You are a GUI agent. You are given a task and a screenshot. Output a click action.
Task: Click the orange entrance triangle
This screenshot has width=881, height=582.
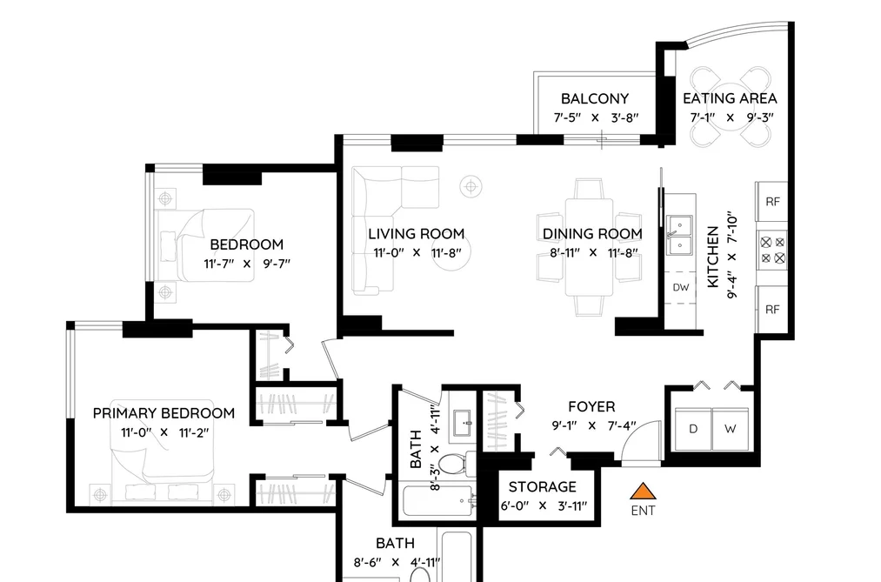click(x=643, y=492)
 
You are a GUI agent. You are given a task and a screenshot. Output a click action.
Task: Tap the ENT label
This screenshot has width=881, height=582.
click(x=643, y=511)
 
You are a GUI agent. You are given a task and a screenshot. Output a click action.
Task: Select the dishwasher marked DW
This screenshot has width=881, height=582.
click(x=680, y=288)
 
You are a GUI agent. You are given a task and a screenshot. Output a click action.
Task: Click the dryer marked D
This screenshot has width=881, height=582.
click(x=693, y=429)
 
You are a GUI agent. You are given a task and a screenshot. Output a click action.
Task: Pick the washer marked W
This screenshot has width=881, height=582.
click(x=731, y=429)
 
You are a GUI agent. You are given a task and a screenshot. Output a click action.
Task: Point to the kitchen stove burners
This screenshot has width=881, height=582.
click(x=772, y=250)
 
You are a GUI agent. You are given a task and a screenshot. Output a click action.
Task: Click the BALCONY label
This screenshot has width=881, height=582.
click(x=595, y=98)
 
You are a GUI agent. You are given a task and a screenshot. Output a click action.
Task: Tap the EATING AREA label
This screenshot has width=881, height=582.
click(x=730, y=98)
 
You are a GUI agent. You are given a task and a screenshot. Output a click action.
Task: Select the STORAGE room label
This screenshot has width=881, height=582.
click(x=542, y=486)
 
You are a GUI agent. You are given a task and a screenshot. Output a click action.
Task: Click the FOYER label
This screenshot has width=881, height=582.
click(x=591, y=406)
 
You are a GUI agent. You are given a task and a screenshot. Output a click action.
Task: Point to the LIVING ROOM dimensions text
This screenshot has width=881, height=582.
click(x=417, y=253)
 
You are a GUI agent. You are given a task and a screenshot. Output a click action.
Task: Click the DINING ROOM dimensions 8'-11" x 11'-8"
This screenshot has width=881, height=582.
click(x=593, y=253)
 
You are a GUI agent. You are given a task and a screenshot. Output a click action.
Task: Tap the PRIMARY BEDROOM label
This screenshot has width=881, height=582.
click(x=164, y=413)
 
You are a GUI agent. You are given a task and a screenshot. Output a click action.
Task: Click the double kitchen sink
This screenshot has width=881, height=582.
click(x=679, y=236)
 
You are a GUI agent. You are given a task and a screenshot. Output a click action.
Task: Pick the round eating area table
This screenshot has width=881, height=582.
click(x=730, y=107)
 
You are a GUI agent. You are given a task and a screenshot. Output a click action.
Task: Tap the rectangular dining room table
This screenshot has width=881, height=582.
click(x=589, y=247)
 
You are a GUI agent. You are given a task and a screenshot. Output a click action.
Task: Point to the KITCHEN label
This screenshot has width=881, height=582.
click(x=712, y=257)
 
